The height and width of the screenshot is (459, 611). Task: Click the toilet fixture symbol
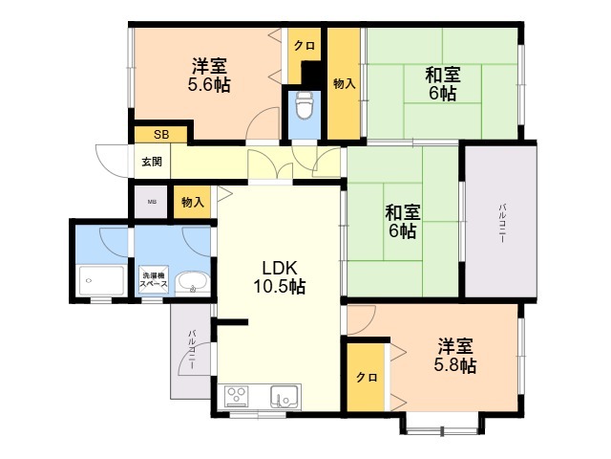[x=305, y=105]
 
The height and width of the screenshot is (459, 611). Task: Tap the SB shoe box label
[x=161, y=135]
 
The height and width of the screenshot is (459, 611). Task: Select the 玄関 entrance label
[x=152, y=162]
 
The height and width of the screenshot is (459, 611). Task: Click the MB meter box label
[x=152, y=202]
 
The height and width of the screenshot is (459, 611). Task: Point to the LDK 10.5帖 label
[x=280, y=277]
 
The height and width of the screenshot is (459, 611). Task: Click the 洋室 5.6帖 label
[x=209, y=75]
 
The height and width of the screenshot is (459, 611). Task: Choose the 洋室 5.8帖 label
[x=455, y=356]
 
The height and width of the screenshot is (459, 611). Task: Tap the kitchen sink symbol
[x=284, y=397]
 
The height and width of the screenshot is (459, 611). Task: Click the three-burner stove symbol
[x=236, y=397]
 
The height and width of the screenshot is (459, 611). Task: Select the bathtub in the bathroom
[x=102, y=280]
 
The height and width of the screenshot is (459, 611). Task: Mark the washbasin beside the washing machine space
[x=193, y=283]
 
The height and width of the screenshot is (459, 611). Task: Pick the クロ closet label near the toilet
[x=305, y=46]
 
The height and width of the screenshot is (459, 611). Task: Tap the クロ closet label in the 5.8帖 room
[x=367, y=378]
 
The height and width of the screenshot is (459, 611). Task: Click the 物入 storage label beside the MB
[x=193, y=202]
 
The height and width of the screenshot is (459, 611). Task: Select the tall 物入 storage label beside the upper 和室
[x=344, y=83]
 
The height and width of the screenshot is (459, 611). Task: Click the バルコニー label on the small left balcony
[x=192, y=350]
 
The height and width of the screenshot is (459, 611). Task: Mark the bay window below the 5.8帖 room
[x=442, y=424]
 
